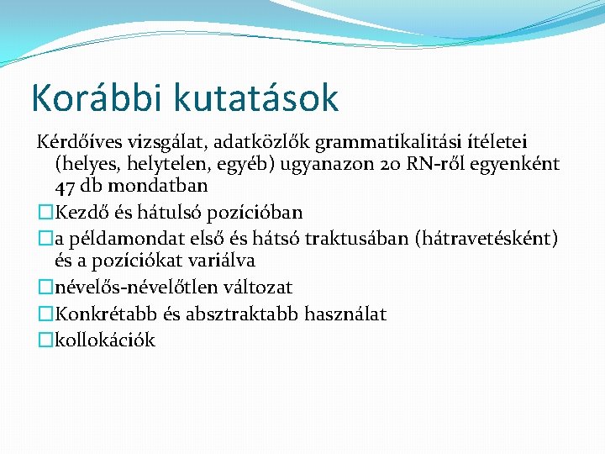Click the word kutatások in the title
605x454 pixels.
[x=256, y=98]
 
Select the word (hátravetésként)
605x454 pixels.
[x=486, y=238]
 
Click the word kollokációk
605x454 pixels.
[x=104, y=340]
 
